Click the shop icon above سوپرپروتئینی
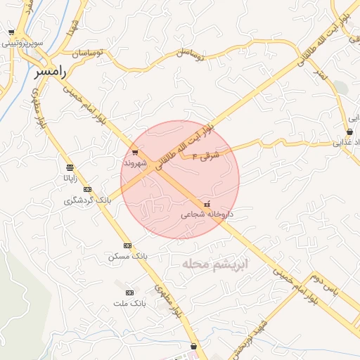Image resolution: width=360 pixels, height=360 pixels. click(11, 32)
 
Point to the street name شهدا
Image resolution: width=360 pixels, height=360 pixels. click(71, 27)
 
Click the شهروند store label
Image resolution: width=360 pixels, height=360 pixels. click(135, 162)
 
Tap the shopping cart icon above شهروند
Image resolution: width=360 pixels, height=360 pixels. click(135, 152)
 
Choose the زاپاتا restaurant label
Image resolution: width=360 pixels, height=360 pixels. click(70, 178)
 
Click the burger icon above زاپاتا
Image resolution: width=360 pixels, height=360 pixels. click(70, 167)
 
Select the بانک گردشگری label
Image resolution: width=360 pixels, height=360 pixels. click(88, 200)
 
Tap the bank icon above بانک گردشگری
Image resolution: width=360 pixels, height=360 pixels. click(88, 190)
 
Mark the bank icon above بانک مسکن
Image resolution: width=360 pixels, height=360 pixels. click(127, 245)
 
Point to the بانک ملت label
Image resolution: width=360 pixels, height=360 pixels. click(129, 302)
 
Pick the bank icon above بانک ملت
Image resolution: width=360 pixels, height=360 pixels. click(129, 292)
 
